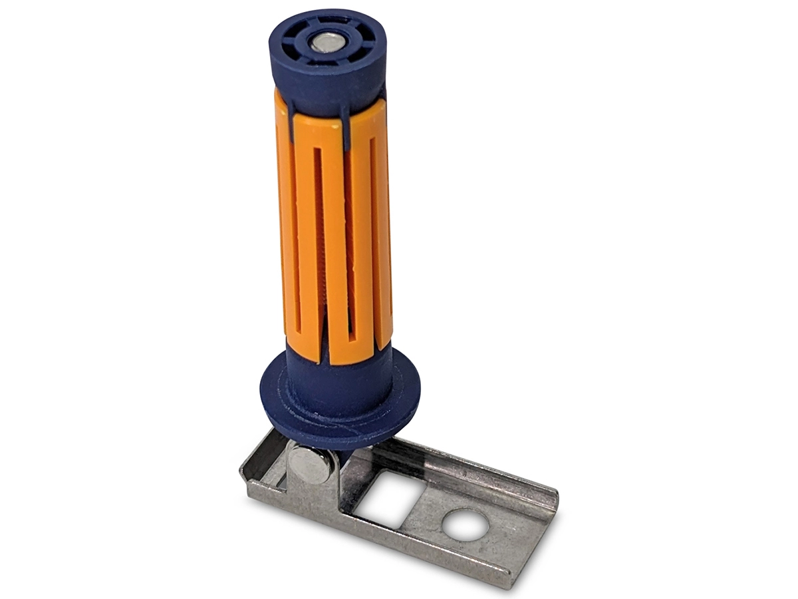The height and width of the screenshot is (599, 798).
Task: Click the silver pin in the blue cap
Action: point(327,43)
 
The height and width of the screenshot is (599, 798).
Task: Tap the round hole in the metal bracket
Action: point(465,525)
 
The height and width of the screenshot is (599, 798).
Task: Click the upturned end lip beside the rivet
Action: point(257,459)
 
